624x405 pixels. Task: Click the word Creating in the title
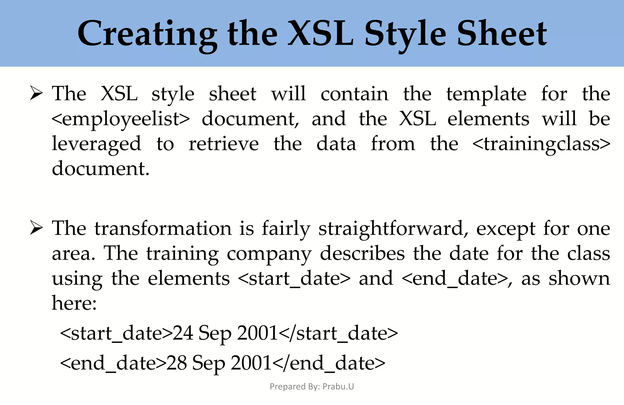pos(147,34)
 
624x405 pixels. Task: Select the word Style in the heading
pos(405,34)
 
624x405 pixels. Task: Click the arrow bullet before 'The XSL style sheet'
pos(36,93)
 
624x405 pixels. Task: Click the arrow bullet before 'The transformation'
pos(36,228)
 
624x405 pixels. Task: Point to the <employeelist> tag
pos(121,119)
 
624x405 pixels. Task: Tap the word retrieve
pos(224,144)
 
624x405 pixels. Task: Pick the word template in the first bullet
pos(486,94)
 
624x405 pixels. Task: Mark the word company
pos(269,254)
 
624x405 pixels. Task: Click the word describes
pos(362,253)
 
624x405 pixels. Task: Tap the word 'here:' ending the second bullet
pos(74,303)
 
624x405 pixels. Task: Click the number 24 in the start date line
pos(183,333)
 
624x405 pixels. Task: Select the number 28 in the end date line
pos(176,363)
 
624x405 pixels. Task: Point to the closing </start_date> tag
pos(338,333)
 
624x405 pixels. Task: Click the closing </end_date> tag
pos(329,363)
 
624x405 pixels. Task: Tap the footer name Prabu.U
pos(338,386)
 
